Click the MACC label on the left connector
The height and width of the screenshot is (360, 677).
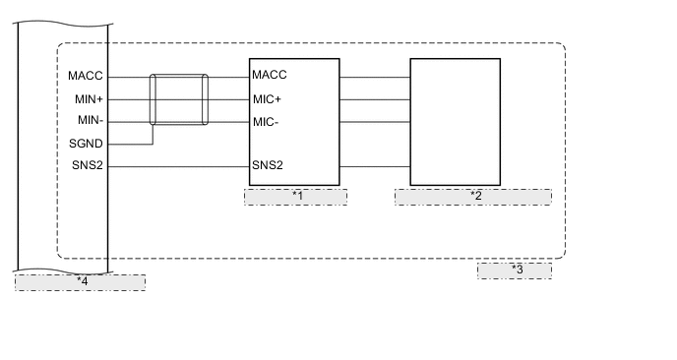pos(87,76)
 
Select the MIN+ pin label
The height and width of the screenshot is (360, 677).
pos(88,98)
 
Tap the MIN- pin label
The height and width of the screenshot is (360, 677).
pos(89,121)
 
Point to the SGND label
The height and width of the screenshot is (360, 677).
pos(87,144)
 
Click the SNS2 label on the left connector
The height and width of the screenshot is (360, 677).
pos(88,165)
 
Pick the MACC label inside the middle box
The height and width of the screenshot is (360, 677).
pos(269,76)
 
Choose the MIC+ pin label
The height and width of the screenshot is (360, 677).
pos(267,98)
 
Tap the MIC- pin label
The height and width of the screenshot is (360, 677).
pos(267,121)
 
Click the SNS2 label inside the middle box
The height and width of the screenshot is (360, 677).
pos(268,165)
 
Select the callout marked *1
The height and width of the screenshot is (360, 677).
pos(295,196)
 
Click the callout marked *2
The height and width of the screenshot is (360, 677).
pos(472,196)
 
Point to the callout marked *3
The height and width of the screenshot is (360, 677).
pos(515,270)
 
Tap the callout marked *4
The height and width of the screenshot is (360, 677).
pos(81,282)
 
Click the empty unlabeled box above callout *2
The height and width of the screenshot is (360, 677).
pos(455,122)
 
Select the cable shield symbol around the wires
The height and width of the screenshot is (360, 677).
pos(178,99)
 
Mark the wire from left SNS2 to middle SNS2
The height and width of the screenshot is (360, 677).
pos(177,165)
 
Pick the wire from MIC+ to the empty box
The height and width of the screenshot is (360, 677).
pos(374,98)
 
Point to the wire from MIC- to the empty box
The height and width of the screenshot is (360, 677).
pos(374,121)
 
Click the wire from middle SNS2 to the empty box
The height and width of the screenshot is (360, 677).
pos(374,165)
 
